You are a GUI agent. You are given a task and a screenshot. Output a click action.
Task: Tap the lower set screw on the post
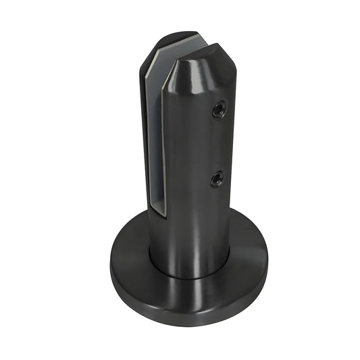click(216, 178)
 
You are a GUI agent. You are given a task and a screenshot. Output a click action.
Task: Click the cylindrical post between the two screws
click(203, 145)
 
